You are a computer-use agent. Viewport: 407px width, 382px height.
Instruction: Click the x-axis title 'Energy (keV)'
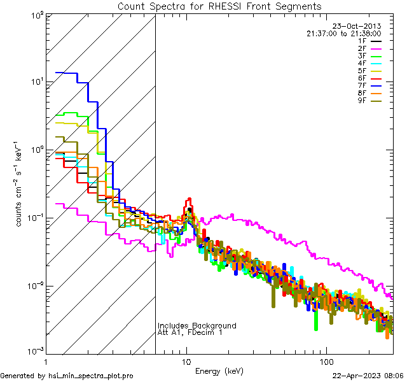pos(219,371)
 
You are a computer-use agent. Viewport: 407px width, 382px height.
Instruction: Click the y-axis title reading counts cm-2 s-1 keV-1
pos(22,185)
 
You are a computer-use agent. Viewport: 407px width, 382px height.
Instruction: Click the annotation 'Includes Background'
pos(197,325)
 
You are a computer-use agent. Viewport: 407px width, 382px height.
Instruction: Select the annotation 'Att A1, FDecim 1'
pos(190,332)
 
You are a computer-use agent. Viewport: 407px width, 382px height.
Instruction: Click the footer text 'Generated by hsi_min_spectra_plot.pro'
pos(67,376)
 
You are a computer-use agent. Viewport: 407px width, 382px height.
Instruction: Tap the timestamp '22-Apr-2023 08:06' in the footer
pos(368,376)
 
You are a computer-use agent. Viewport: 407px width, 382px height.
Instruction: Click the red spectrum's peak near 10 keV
pos(190,199)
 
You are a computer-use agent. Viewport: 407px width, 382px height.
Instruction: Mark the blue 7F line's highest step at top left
pos(66,73)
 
